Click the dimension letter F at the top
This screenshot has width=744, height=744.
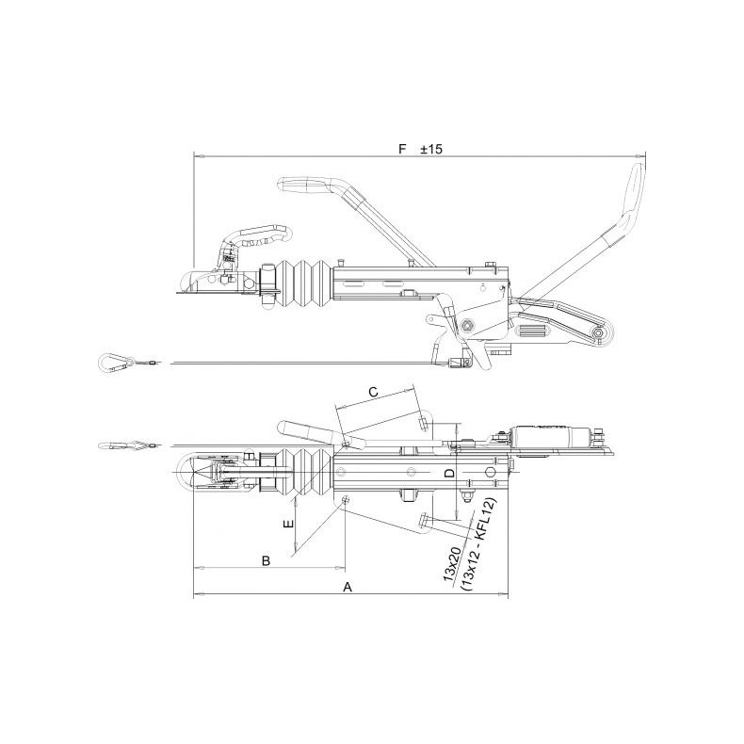coord(402,149)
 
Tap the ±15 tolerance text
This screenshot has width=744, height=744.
coord(431,149)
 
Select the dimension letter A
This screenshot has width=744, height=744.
coord(348,587)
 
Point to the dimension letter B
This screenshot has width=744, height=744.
coord(266,560)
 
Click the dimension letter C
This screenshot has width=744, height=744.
coord(373,390)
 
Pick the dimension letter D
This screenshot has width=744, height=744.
coord(449,473)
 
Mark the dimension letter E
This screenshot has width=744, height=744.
coord(289,522)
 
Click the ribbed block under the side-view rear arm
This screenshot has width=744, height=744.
coord(531,332)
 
